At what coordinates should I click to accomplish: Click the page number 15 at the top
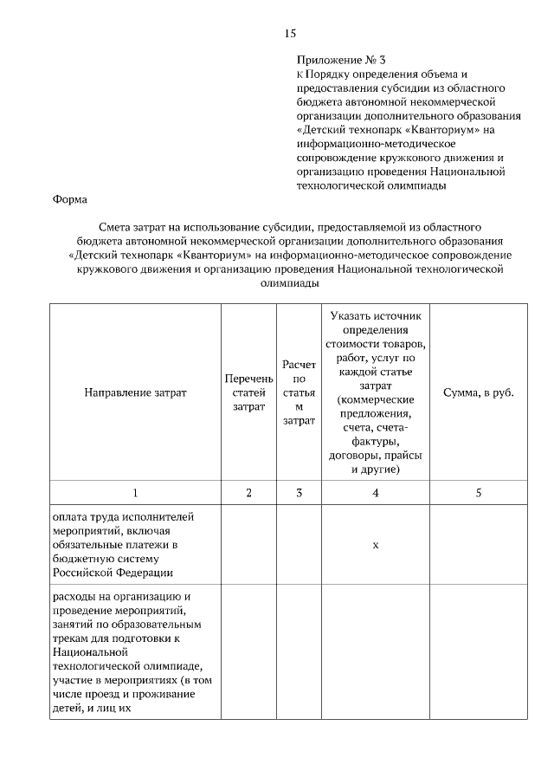[290, 34]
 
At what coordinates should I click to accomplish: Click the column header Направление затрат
[135, 392]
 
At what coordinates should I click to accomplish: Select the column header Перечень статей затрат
[248, 392]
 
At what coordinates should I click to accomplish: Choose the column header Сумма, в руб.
[479, 392]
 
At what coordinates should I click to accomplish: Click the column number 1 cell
[135, 493]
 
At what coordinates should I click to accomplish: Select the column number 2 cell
[248, 493]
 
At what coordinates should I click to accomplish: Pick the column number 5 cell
[479, 493]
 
